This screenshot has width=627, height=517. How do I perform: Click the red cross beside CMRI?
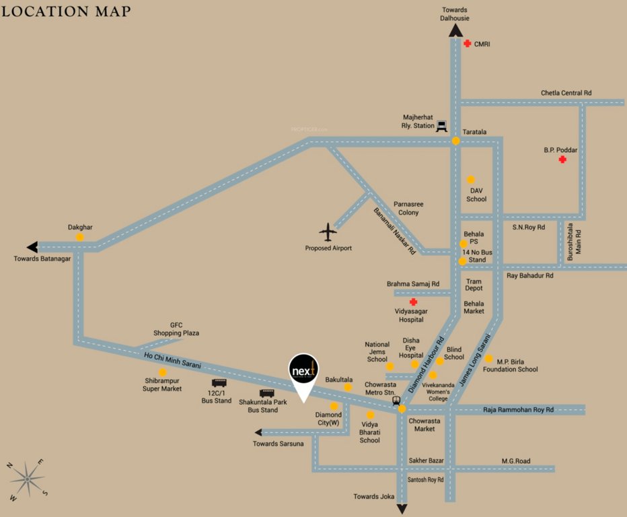click(x=468, y=43)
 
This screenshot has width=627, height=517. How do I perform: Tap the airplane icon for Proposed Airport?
click(x=328, y=233)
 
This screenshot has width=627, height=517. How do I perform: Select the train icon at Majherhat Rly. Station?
click(x=442, y=126)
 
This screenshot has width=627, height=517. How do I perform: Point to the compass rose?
click(x=27, y=479)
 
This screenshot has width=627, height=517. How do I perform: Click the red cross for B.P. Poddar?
click(x=562, y=160)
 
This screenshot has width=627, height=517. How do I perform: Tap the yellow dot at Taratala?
click(x=455, y=141)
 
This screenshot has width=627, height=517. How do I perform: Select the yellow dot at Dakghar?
click(x=80, y=237)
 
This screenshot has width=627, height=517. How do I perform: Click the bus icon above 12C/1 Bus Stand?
click(x=219, y=383)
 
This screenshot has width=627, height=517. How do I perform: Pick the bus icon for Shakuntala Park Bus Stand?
click(x=266, y=393)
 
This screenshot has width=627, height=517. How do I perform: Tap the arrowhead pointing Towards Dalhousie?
click(x=455, y=30)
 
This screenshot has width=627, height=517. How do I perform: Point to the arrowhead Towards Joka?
click(x=402, y=508)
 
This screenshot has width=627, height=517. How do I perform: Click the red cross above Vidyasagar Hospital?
click(x=413, y=302)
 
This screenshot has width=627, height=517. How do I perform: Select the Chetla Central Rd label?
click(x=566, y=93)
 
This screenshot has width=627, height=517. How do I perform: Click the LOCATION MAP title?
click(x=67, y=11)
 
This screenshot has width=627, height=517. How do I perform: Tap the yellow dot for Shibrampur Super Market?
click(x=162, y=372)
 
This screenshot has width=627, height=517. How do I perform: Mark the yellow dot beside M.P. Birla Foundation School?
click(x=489, y=359)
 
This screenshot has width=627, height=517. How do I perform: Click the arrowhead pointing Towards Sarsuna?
click(x=259, y=433)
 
